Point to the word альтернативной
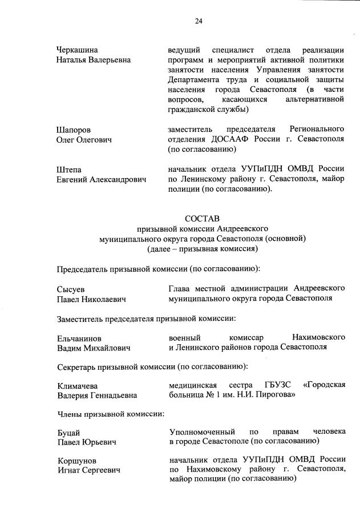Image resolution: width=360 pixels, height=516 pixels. point(316,99)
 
